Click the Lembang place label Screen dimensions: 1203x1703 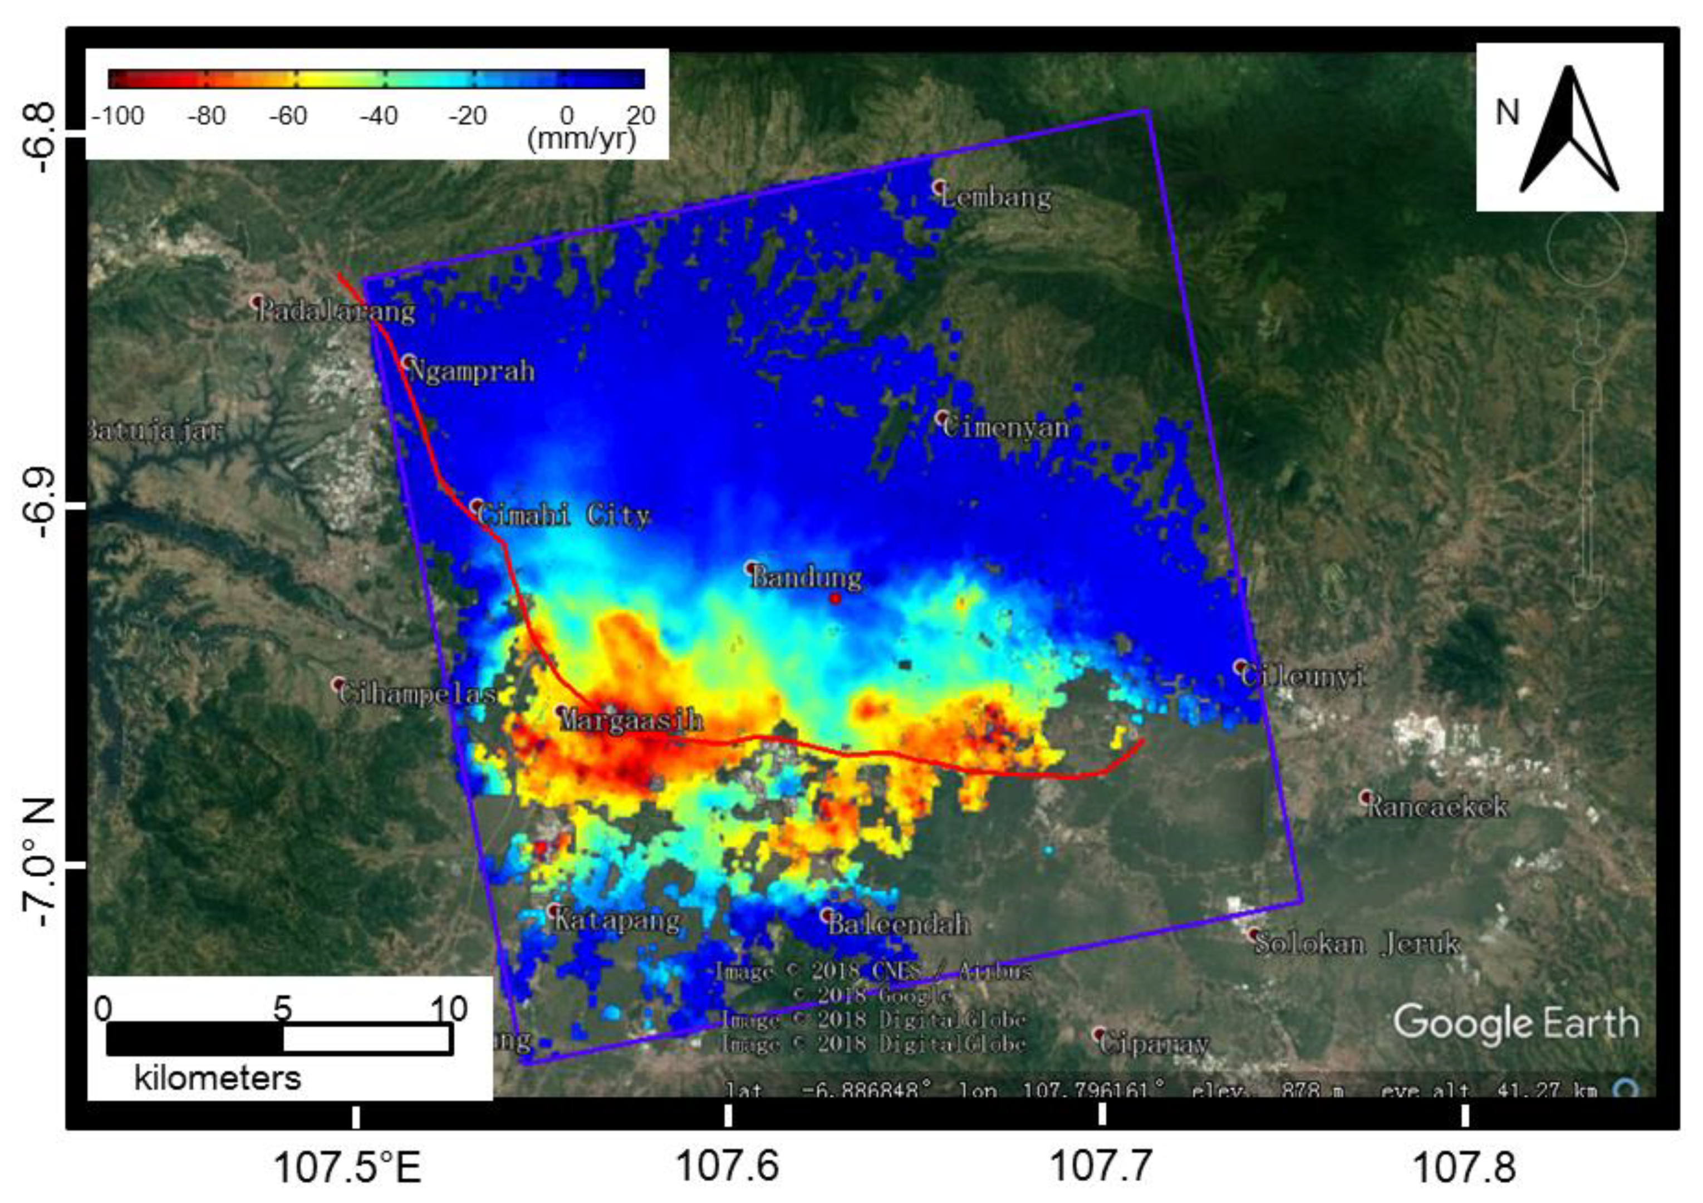(x=996, y=197)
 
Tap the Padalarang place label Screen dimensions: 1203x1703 (x=336, y=311)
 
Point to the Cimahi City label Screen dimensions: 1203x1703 (x=564, y=515)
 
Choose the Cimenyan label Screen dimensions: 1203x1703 (x=1006, y=427)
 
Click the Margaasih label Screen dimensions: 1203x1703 (x=630, y=719)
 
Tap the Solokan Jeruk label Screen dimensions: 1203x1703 (x=1357, y=944)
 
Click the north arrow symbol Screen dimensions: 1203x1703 (x=1569, y=130)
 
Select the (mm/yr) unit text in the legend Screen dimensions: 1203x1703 (x=582, y=139)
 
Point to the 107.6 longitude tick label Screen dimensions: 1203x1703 (x=728, y=1166)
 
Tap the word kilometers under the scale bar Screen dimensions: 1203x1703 (x=217, y=1078)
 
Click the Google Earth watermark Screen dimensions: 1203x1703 (x=1516, y=1023)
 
